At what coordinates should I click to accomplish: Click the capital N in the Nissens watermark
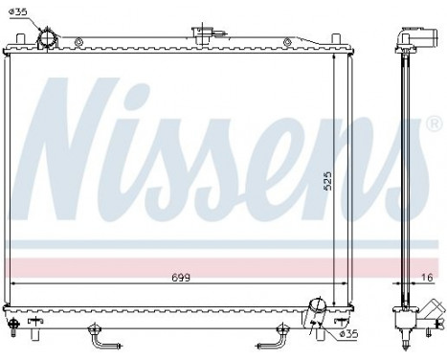click(72, 144)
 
